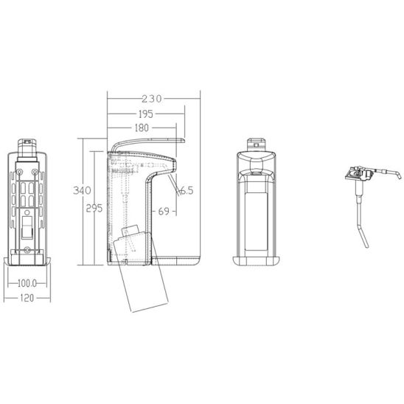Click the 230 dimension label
(152, 99)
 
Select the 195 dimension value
(146, 114)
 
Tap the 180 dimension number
(142, 128)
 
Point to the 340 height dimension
(82, 190)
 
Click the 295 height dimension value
(94, 208)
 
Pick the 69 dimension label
(164, 212)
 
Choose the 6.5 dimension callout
(187, 191)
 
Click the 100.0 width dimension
(27, 284)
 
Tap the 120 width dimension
(27, 298)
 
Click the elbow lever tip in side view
(184, 141)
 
